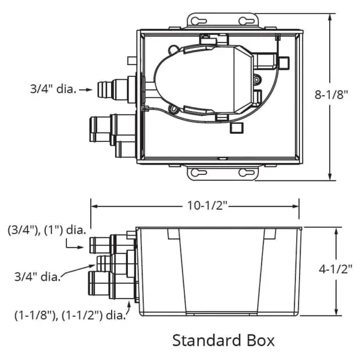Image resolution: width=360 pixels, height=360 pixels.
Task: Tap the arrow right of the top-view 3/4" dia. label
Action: [x=86, y=90]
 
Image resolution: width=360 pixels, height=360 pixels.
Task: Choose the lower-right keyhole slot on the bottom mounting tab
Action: [x=247, y=173]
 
